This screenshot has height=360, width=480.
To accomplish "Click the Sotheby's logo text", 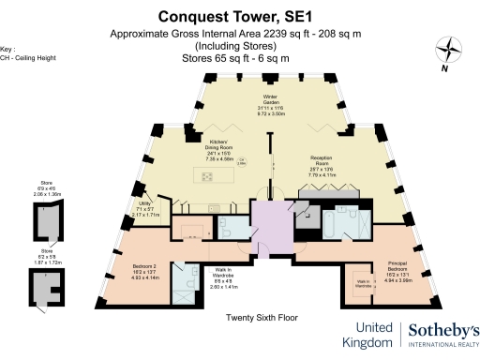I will coord(442,330).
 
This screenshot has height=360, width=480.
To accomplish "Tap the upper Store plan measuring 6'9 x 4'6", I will coord(43,221).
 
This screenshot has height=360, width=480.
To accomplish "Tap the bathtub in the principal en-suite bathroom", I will coord(337,221).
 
